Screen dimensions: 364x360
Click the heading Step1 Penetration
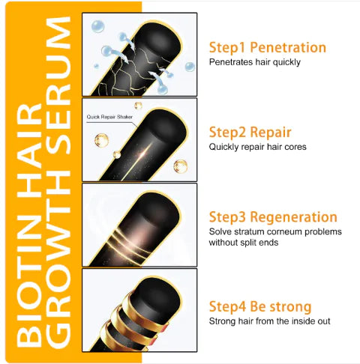pyautogui.click(x=267, y=47)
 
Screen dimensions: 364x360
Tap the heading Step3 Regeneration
pyautogui.click(x=272, y=217)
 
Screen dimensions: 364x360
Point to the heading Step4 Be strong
pyautogui.click(x=259, y=306)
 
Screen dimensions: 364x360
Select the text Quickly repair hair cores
pyautogui.click(x=257, y=147)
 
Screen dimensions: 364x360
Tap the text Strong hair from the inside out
pyautogui.click(x=270, y=321)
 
